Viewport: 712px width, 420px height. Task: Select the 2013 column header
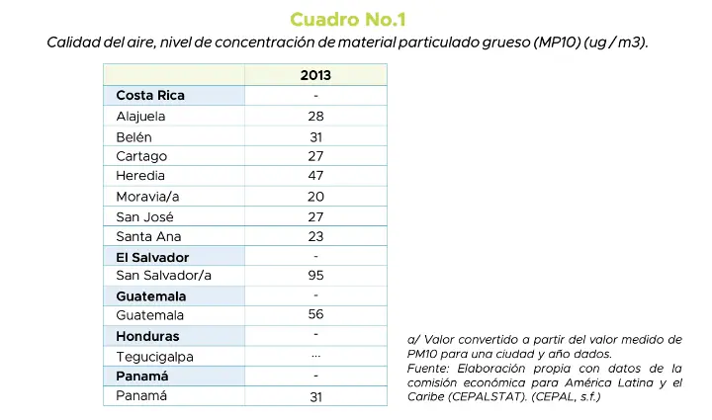tap(315, 75)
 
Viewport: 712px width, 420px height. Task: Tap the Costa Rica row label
tap(150, 96)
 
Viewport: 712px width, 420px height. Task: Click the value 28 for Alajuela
tap(315, 116)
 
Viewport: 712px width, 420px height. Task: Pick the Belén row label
tap(133, 136)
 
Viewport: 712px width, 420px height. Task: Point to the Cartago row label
tap(141, 156)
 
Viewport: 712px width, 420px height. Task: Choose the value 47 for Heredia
tap(315, 176)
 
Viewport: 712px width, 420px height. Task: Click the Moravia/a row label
tap(147, 197)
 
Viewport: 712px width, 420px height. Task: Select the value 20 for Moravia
tap(315, 197)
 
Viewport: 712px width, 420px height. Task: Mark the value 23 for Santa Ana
tap(315, 236)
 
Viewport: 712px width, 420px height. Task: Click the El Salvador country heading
tap(152, 257)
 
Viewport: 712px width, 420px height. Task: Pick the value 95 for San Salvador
tap(315, 276)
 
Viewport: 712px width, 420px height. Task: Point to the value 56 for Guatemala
tap(315, 315)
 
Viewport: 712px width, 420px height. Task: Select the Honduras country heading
tap(147, 336)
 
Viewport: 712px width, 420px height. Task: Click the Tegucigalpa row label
tap(154, 356)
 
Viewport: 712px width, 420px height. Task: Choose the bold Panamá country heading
tap(142, 377)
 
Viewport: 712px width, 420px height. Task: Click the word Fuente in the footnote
tap(428, 368)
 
